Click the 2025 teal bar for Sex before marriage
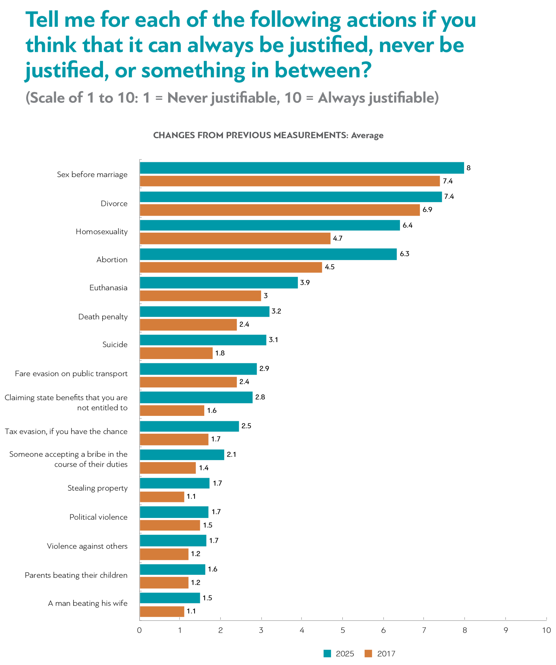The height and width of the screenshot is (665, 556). (x=302, y=168)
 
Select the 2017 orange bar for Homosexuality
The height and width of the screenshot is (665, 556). (x=235, y=238)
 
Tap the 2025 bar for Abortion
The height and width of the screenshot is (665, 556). (x=268, y=254)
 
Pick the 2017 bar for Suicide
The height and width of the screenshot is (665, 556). (x=176, y=353)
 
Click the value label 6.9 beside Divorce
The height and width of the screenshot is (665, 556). (x=427, y=210)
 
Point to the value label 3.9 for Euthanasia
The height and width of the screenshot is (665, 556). (x=305, y=282)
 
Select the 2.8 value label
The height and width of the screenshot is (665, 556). (x=260, y=397)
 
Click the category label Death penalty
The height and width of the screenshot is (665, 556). (x=103, y=317)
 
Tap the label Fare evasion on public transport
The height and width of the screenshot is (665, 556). (x=71, y=374)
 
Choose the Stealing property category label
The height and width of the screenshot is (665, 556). (x=97, y=488)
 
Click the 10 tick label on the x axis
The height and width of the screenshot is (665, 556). (x=546, y=630)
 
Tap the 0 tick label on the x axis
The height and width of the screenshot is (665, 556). (x=139, y=630)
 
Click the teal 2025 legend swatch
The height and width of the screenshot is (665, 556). (x=327, y=654)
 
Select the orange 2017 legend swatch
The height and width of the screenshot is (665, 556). (x=368, y=654)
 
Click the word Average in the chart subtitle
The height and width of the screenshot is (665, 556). (x=367, y=136)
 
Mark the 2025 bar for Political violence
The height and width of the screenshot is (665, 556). (x=174, y=512)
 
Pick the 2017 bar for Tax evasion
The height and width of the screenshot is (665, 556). (x=174, y=439)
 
